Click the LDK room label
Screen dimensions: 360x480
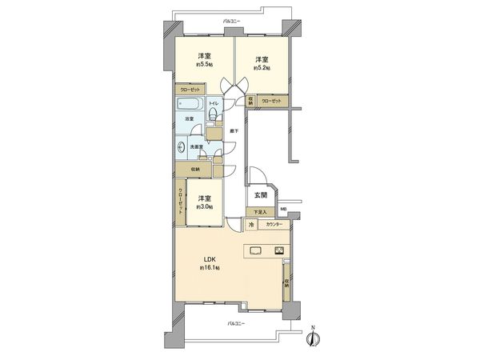point(206,259)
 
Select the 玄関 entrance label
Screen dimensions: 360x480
point(262,194)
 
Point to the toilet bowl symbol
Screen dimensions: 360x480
point(213,118)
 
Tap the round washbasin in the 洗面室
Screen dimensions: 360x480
point(183,147)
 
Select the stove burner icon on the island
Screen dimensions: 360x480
point(280,250)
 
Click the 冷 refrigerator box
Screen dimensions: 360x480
point(251,226)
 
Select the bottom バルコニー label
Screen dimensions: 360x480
point(234,323)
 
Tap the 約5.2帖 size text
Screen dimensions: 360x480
point(261,69)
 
